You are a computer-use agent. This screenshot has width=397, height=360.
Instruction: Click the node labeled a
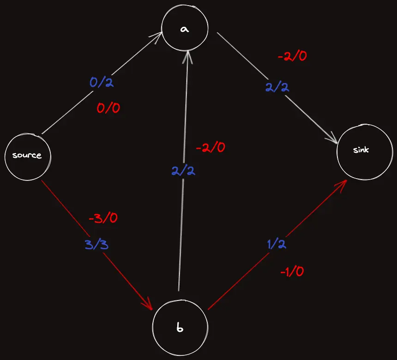click(x=185, y=29)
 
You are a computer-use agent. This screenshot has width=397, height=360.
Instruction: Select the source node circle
click(x=27, y=156)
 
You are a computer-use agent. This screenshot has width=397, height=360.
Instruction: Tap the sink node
click(x=365, y=150)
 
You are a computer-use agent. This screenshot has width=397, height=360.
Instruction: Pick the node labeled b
click(x=180, y=328)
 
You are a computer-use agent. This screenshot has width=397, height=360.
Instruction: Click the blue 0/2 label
click(x=102, y=84)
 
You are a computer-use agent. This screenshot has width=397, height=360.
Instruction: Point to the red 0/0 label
click(x=108, y=108)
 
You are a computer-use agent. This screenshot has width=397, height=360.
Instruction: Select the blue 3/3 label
click(x=96, y=245)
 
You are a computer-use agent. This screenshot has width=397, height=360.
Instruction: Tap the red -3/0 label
click(x=102, y=218)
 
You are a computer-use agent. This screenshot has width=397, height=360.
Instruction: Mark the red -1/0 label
click(x=292, y=272)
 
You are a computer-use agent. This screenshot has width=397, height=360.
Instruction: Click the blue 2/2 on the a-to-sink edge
click(x=277, y=87)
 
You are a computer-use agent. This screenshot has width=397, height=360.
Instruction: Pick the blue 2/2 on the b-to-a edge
click(x=183, y=170)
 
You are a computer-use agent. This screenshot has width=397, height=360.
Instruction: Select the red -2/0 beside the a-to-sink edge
click(x=292, y=57)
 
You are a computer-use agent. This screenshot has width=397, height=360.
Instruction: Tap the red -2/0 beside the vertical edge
click(x=211, y=148)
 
